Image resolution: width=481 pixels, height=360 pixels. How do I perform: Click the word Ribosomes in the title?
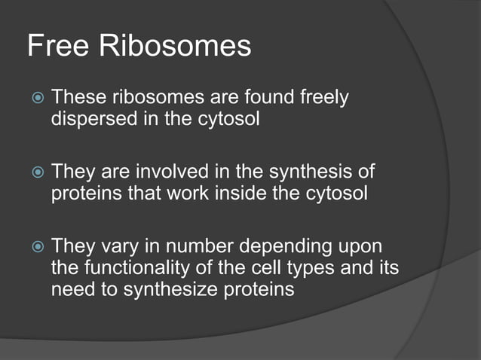pyautogui.click(x=177, y=47)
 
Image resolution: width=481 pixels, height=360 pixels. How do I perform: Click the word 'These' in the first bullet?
pyautogui.click(x=78, y=98)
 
